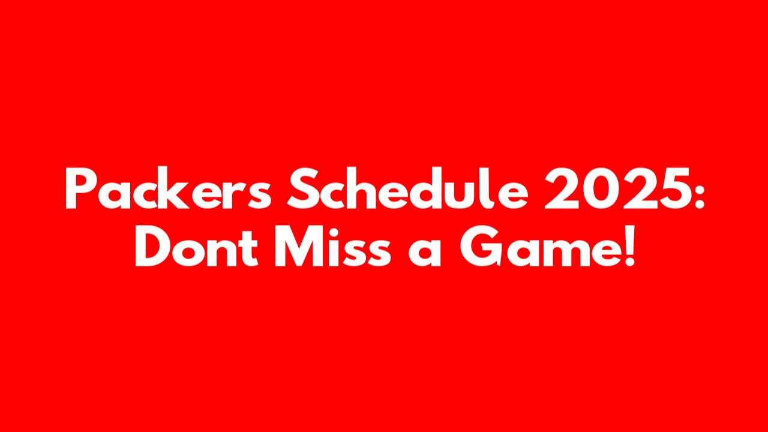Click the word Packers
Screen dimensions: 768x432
pyautogui.click(x=169, y=188)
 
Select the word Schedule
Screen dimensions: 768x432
pyautogui.click(x=407, y=188)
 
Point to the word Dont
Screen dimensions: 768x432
pyautogui.click(x=196, y=246)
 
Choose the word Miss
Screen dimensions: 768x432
pyautogui.click(x=332, y=246)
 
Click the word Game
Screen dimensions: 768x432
pyautogui.click(x=542, y=246)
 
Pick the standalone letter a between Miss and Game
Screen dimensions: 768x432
pyautogui.click(x=424, y=251)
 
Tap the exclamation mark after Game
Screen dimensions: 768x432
pyautogui.click(x=629, y=246)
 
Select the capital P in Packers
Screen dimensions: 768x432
pyautogui.click(x=80, y=188)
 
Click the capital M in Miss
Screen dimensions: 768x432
pyautogui.click(x=299, y=246)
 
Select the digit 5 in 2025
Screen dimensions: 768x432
pyautogui.click(x=673, y=188)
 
